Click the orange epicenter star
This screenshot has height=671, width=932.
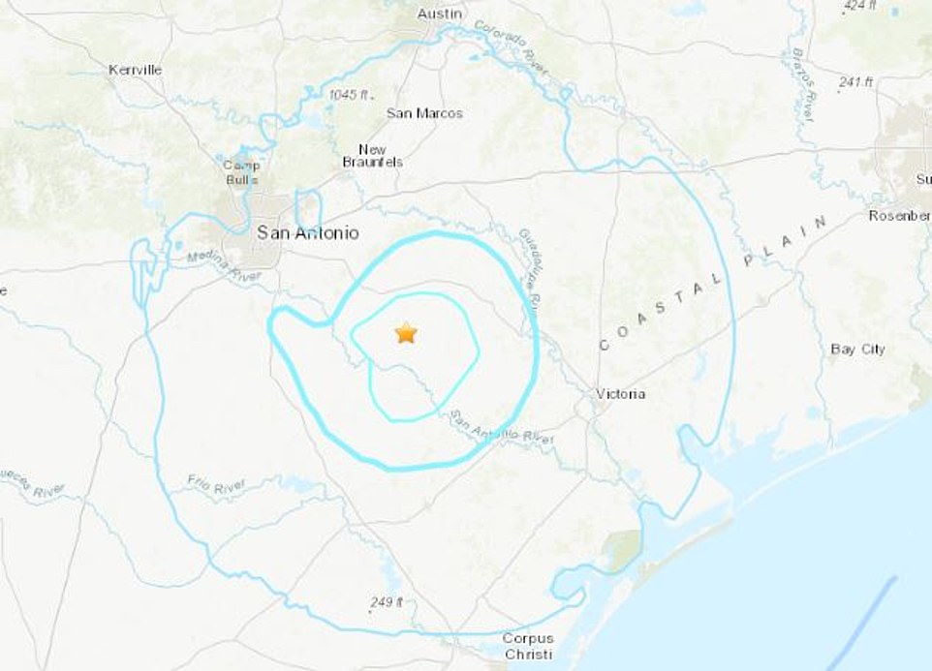406,334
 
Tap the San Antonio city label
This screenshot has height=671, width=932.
307,233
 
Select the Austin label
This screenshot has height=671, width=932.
440,14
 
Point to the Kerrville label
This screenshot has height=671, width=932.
136,70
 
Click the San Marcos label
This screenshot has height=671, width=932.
424,113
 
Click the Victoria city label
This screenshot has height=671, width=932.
619,394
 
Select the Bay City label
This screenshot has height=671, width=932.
857,349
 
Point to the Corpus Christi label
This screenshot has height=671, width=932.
528,646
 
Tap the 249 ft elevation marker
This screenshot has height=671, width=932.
385,602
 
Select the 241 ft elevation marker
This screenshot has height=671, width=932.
855,82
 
